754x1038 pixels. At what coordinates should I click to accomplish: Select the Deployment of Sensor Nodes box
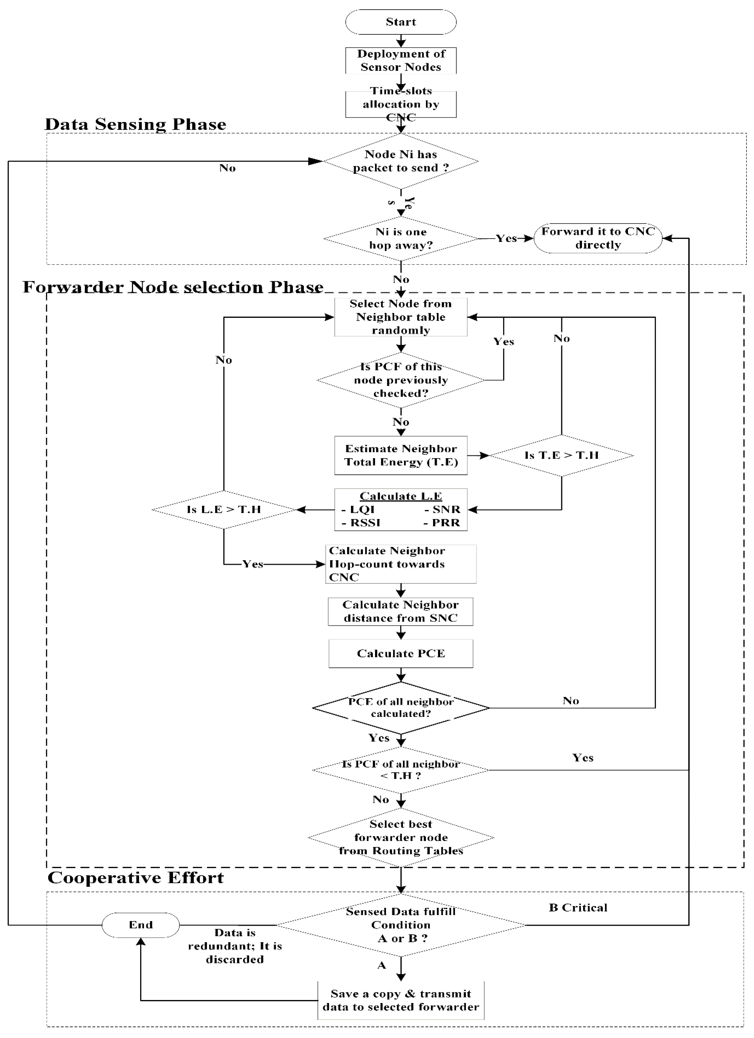(x=401, y=60)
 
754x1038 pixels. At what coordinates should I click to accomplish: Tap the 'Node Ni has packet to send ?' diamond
(x=401, y=161)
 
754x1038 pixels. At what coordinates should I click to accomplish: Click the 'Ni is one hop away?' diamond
(x=401, y=238)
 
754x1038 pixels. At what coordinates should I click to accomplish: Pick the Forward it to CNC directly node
(x=598, y=238)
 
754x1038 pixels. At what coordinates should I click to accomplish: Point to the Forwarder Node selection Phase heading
(x=173, y=287)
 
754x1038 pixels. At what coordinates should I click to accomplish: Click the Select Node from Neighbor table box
(x=401, y=317)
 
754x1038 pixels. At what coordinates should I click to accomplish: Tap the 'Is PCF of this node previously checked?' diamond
(x=401, y=380)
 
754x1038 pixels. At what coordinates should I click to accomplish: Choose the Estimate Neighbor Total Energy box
(x=401, y=455)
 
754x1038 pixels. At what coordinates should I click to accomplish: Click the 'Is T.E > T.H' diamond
(x=561, y=455)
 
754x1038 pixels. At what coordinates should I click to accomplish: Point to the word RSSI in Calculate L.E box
(x=365, y=523)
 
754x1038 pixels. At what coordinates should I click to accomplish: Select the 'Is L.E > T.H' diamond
(x=224, y=509)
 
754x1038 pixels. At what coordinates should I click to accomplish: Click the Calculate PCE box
(x=401, y=654)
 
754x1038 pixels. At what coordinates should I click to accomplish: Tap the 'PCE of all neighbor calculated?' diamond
(x=401, y=708)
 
